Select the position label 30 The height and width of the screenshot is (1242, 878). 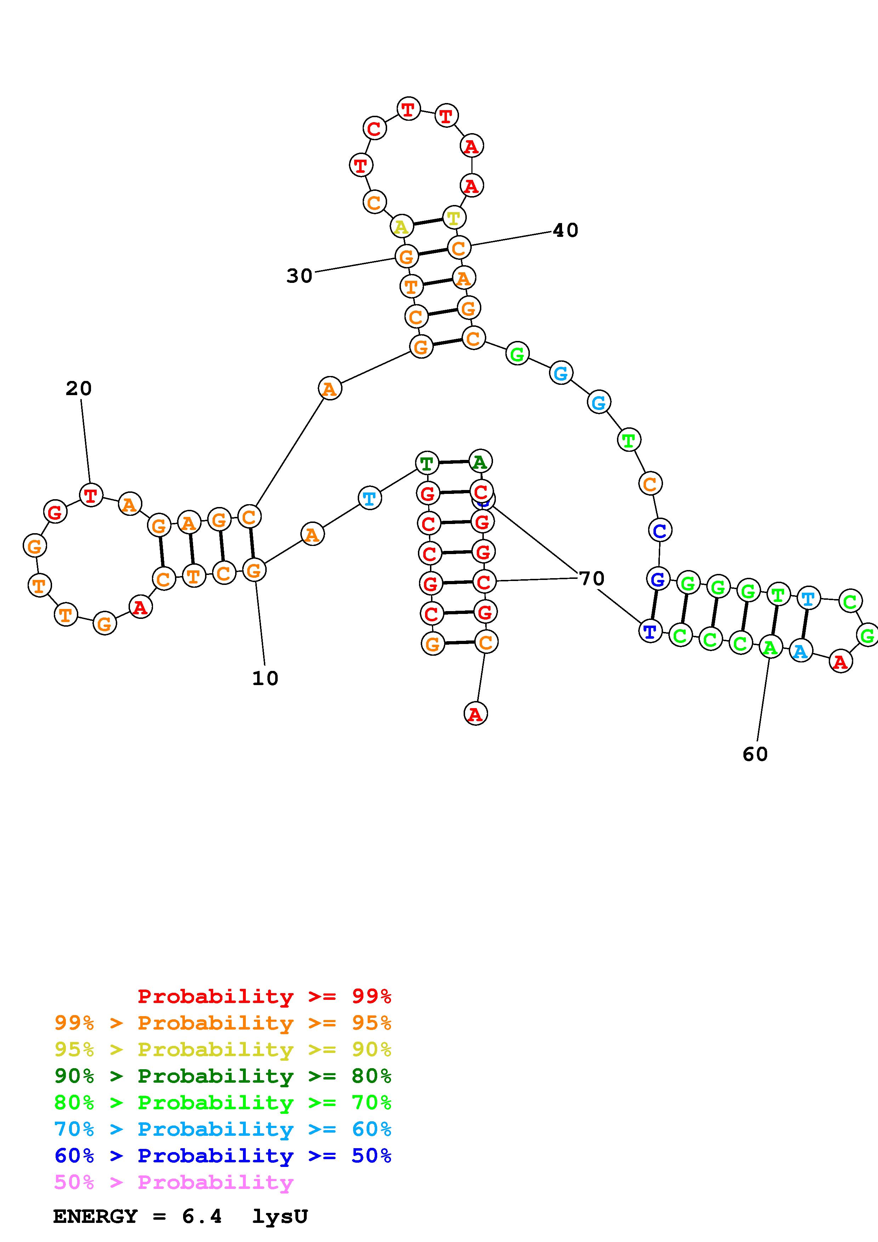click(x=300, y=276)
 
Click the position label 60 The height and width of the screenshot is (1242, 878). click(x=755, y=754)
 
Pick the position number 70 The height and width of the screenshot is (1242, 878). click(x=592, y=579)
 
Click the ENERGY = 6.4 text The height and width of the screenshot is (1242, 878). click(x=137, y=1217)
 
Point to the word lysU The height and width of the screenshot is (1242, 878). click(x=280, y=1217)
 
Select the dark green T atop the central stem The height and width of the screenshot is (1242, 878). click(x=427, y=463)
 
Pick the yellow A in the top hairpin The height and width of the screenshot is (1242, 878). click(x=401, y=227)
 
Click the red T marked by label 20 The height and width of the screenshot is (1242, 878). click(x=91, y=494)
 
